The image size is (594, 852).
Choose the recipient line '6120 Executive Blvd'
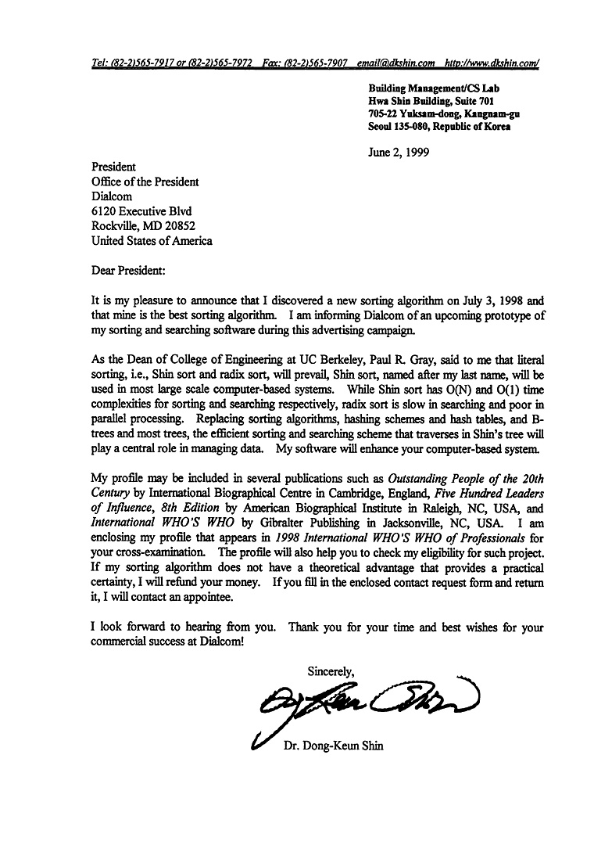pyautogui.click(x=141, y=211)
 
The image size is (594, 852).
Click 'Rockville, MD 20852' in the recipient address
pyautogui.click(x=143, y=226)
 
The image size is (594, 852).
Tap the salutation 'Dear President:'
pyautogui.click(x=128, y=271)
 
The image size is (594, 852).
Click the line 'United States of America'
pyautogui.click(x=152, y=241)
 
